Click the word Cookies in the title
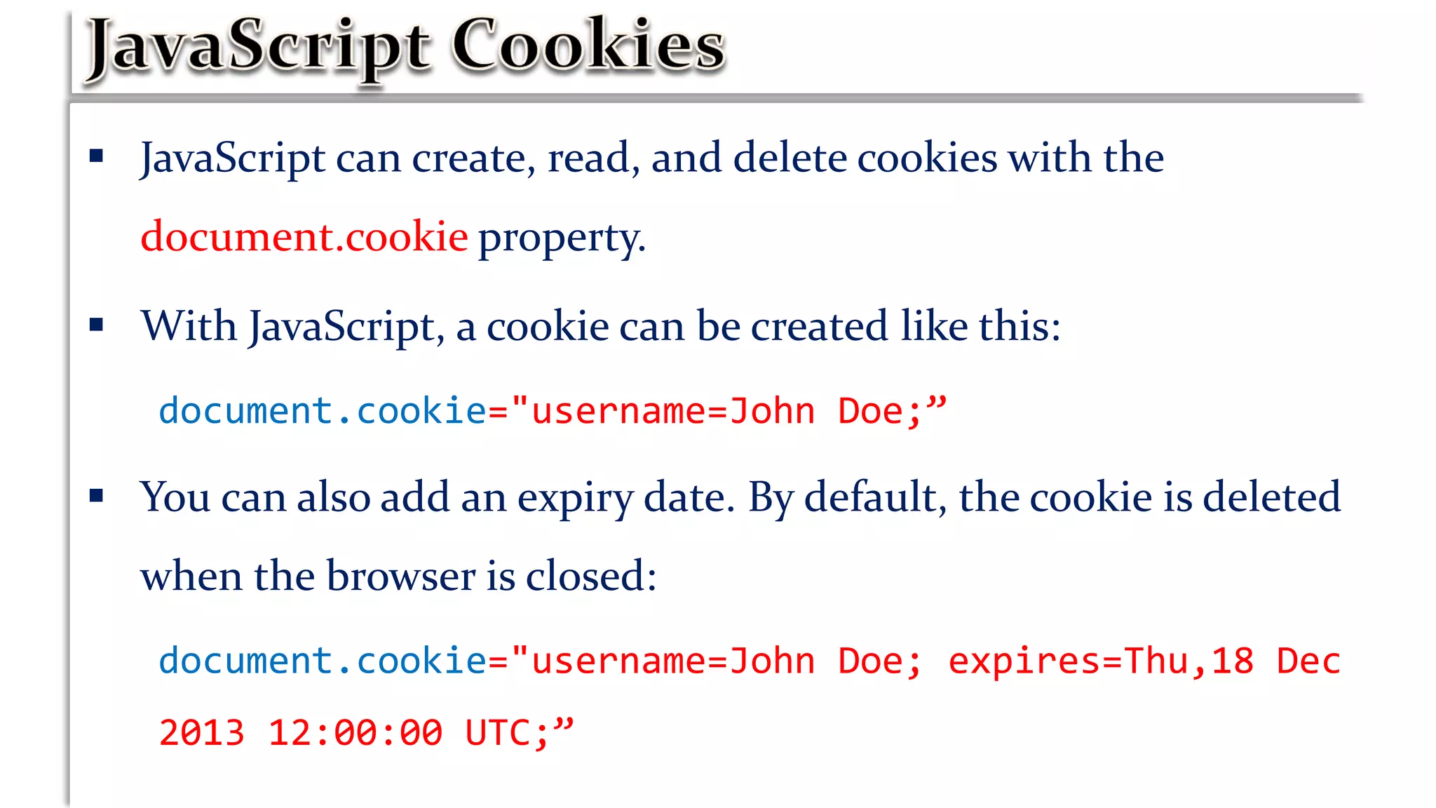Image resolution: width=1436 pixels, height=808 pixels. click(x=588, y=46)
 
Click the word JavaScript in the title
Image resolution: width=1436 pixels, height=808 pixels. click(x=258, y=48)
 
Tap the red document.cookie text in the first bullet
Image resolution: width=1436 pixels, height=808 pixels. click(x=304, y=236)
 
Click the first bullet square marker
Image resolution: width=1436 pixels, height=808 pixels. click(x=97, y=156)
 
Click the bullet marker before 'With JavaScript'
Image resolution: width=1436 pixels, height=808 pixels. click(x=97, y=324)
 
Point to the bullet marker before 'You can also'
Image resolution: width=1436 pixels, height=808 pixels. click(x=97, y=496)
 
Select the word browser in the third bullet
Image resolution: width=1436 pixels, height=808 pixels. click(x=401, y=576)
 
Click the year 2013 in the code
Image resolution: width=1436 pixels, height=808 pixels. click(x=202, y=733)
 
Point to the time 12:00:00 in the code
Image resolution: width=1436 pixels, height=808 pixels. click(x=355, y=733)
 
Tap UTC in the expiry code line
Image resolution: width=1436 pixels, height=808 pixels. click(x=499, y=733)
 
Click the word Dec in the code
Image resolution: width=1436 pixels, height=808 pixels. click(x=1308, y=661)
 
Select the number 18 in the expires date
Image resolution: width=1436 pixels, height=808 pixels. click(x=1232, y=661)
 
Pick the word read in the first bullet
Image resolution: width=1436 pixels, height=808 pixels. click(x=588, y=157)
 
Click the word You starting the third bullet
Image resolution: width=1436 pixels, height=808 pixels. click(x=175, y=497)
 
